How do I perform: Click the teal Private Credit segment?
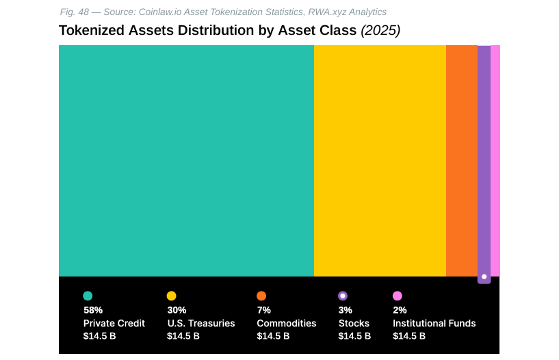pyautogui.click(x=186, y=161)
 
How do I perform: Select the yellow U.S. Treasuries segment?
pyautogui.click(x=380, y=161)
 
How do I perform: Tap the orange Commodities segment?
pyautogui.click(x=461, y=161)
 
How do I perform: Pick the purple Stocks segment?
pyautogui.click(x=484, y=161)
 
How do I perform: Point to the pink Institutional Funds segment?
pyautogui.click(x=495, y=161)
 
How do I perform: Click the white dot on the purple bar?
pyautogui.click(x=484, y=277)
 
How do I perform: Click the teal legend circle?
pyautogui.click(x=88, y=296)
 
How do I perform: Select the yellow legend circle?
pyautogui.click(x=171, y=296)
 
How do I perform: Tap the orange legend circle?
pyautogui.click(x=261, y=296)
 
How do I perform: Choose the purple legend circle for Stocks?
pyautogui.click(x=343, y=296)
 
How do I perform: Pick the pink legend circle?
pyautogui.click(x=397, y=296)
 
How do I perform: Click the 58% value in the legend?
pyautogui.click(x=93, y=310)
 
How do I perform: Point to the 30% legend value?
pyautogui.click(x=177, y=310)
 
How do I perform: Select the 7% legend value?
pyautogui.click(x=264, y=310)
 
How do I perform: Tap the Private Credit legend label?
pyautogui.click(x=114, y=323)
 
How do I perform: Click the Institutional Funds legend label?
pyautogui.click(x=434, y=323)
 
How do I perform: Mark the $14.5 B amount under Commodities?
pyautogui.click(x=273, y=336)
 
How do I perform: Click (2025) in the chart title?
pyautogui.click(x=380, y=30)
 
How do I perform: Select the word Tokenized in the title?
pyautogui.click(x=91, y=30)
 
